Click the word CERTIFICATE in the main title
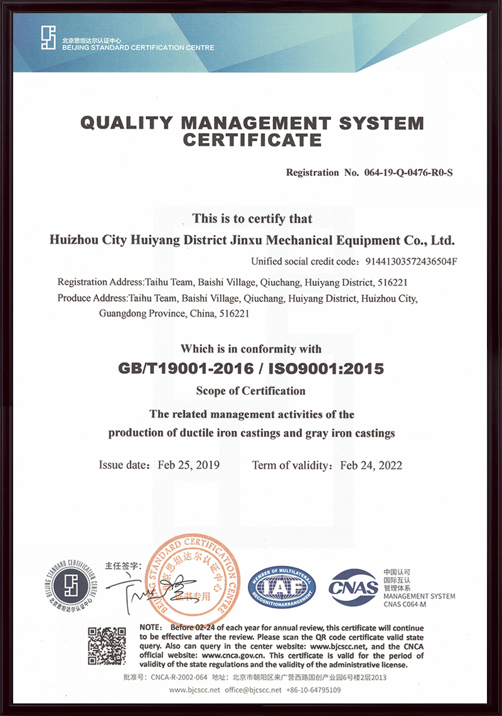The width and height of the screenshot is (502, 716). coord(252,139)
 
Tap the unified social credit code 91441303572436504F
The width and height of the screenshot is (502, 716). coord(407,262)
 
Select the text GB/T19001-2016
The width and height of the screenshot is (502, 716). coord(186,368)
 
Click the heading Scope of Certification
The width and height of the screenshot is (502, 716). coord(251,391)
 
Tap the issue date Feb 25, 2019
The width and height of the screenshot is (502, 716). coord(188,465)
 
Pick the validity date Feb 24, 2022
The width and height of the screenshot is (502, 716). coord(371,465)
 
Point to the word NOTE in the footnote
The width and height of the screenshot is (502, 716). coord(151,627)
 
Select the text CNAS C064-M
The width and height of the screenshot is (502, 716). coord(405,604)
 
